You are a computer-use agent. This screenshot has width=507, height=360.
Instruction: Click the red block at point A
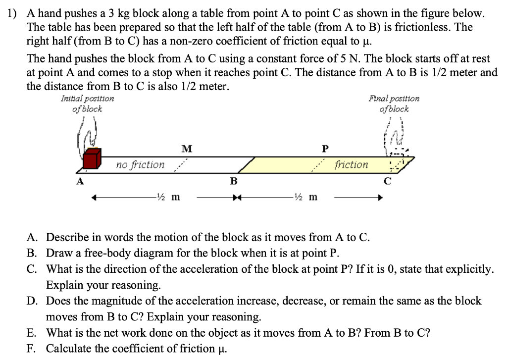point(92,159)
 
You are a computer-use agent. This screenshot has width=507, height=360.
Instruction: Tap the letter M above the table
point(187,148)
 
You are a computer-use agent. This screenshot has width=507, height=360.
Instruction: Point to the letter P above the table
point(324,148)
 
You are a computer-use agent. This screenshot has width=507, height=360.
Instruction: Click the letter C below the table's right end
point(388,181)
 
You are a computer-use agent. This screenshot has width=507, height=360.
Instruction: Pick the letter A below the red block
point(79,181)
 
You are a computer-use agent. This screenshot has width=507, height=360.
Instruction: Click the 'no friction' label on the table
point(140,164)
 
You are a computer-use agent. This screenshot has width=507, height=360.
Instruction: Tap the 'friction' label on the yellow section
point(351,164)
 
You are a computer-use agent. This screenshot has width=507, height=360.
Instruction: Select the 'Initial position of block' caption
point(87,103)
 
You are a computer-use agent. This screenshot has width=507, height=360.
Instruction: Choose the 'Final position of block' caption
point(394,103)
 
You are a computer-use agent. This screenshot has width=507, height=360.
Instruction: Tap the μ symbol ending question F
point(222,349)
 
